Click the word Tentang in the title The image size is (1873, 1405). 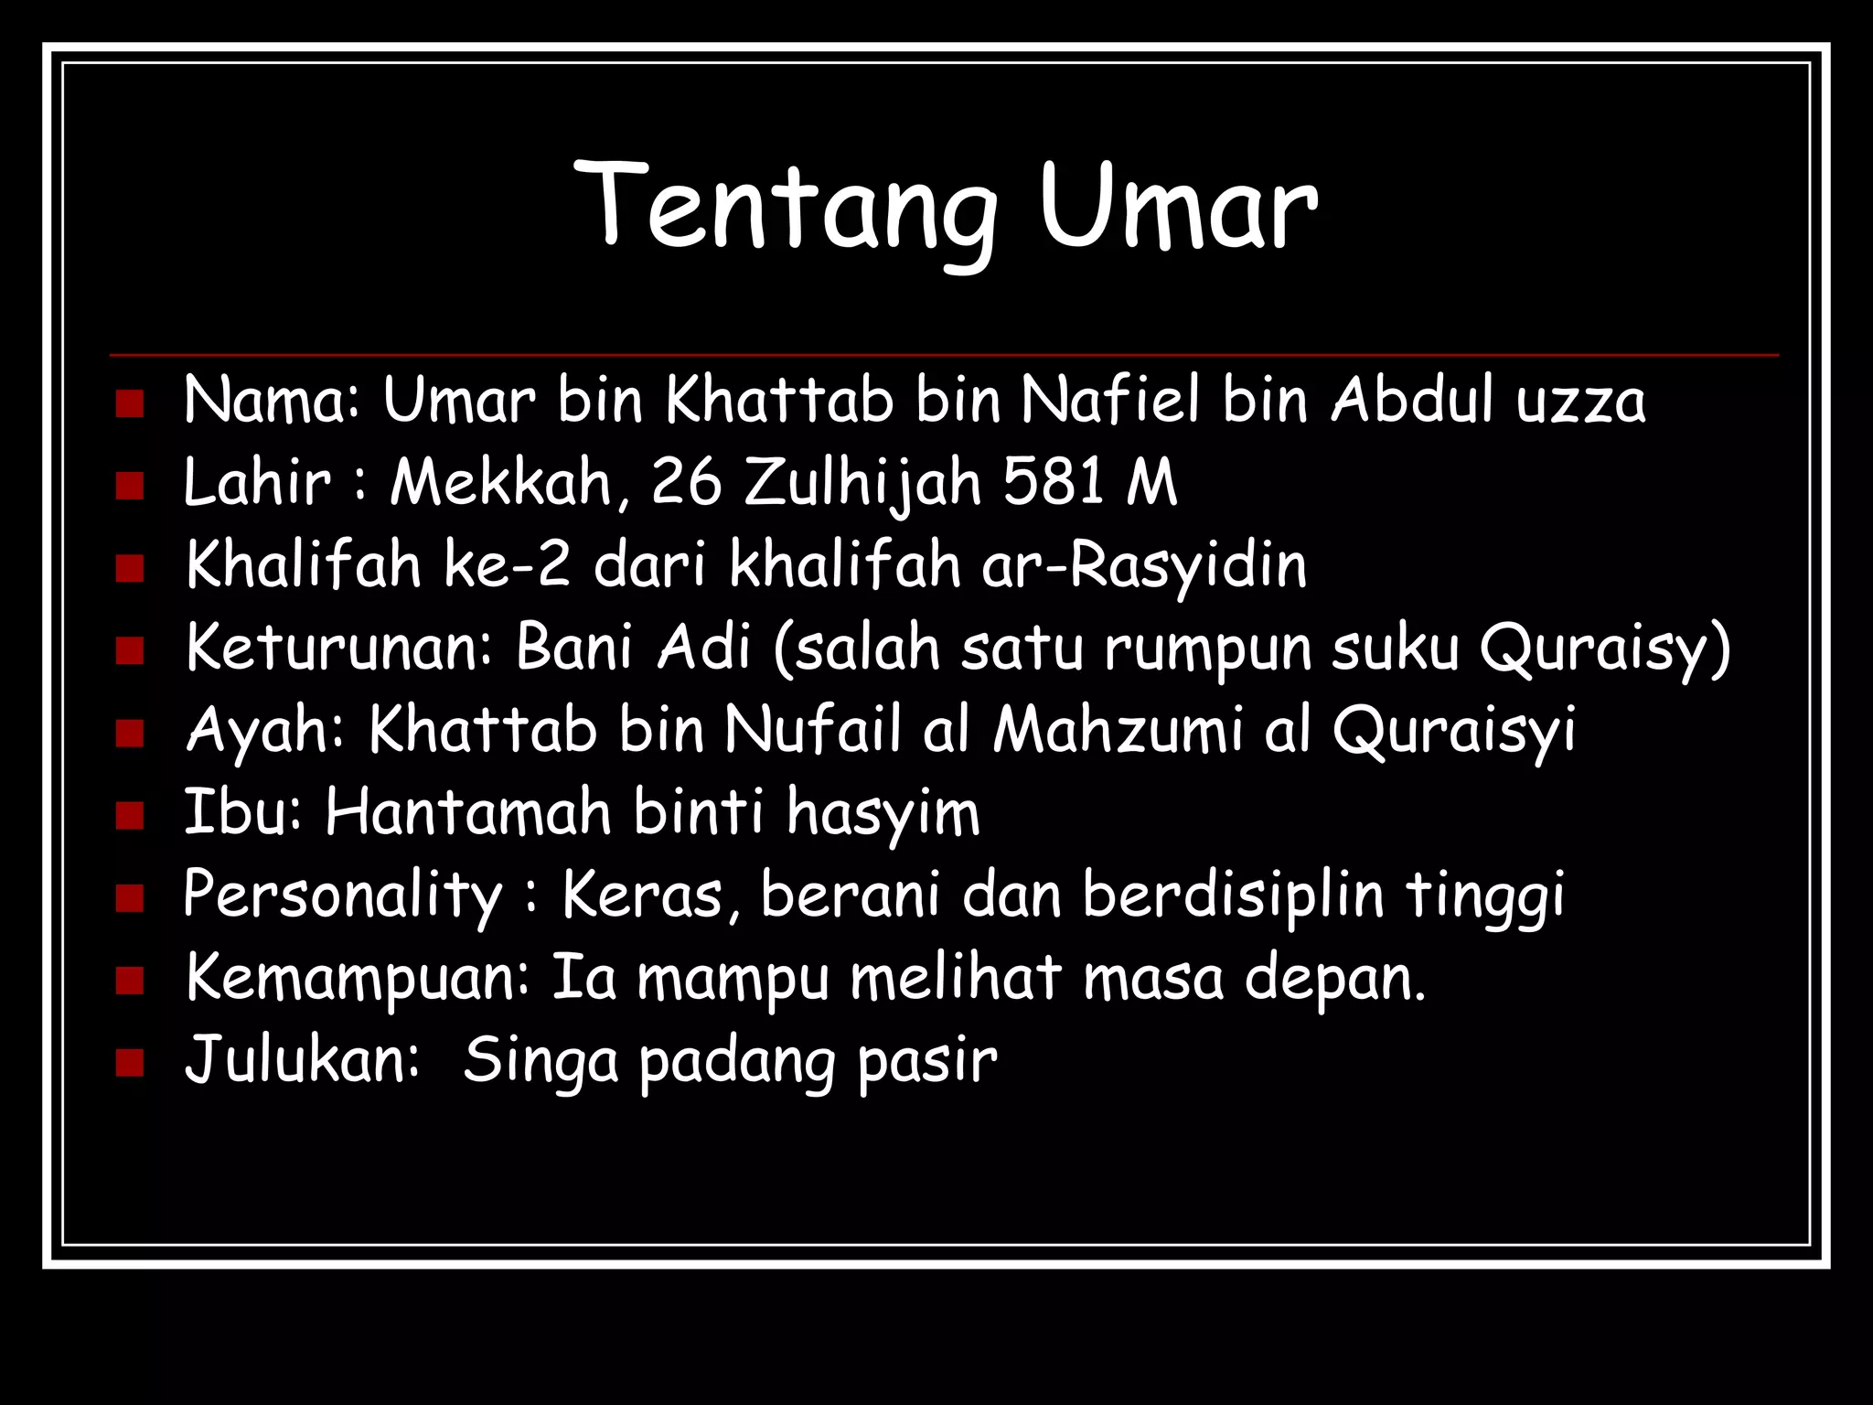[x=787, y=206]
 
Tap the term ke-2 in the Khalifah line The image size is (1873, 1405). [x=508, y=564]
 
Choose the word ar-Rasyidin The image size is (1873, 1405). [x=1144, y=564]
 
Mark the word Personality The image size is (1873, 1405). [x=343, y=896]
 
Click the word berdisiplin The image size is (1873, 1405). [x=1234, y=894]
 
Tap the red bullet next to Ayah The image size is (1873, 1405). [x=130, y=733]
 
